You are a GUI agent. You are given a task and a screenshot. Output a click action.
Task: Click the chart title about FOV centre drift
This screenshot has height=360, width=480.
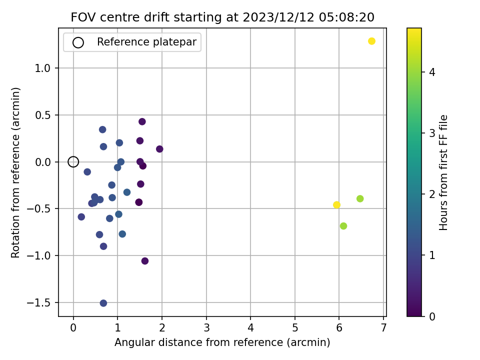pyautogui.click(x=222, y=17)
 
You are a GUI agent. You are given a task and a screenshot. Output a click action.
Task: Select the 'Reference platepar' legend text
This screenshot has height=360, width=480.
pyautogui.click(x=146, y=42)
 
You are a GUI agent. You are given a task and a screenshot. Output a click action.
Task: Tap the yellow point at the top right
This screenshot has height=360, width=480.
pyautogui.click(x=371, y=41)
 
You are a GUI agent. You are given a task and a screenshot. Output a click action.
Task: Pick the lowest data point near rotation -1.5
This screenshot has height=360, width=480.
pyautogui.click(x=103, y=303)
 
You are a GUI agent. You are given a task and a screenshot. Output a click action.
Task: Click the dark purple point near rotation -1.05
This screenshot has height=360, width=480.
pyautogui.click(x=145, y=261)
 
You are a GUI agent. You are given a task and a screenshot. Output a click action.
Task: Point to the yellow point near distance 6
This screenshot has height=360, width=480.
pyautogui.click(x=336, y=205)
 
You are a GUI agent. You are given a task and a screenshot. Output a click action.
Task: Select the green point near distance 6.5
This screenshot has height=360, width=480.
pyautogui.click(x=360, y=198)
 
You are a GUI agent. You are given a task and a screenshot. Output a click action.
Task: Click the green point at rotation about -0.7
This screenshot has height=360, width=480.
pyautogui.click(x=343, y=226)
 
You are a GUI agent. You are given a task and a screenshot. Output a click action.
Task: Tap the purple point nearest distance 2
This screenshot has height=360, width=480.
pyautogui.click(x=159, y=149)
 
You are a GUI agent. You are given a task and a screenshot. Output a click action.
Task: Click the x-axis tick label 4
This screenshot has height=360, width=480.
pyautogui.click(x=250, y=328)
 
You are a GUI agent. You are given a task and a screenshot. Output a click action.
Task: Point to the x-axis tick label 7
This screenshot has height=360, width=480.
pyautogui.click(x=383, y=328)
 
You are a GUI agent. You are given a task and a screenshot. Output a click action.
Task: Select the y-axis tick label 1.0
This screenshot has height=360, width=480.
pyautogui.click(x=42, y=68)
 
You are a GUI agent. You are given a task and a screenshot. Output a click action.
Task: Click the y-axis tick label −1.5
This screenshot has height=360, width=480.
pyautogui.click(x=38, y=303)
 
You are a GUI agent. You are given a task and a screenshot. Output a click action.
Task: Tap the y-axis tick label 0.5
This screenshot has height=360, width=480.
pyautogui.click(x=42, y=115)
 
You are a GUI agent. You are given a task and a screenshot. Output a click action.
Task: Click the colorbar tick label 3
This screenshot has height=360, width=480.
pyautogui.click(x=432, y=133)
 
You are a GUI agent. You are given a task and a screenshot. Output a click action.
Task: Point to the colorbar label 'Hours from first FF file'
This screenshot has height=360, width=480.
pyautogui.click(x=443, y=172)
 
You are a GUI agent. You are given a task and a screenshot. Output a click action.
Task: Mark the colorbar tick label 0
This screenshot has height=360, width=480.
pyautogui.click(x=432, y=316)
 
